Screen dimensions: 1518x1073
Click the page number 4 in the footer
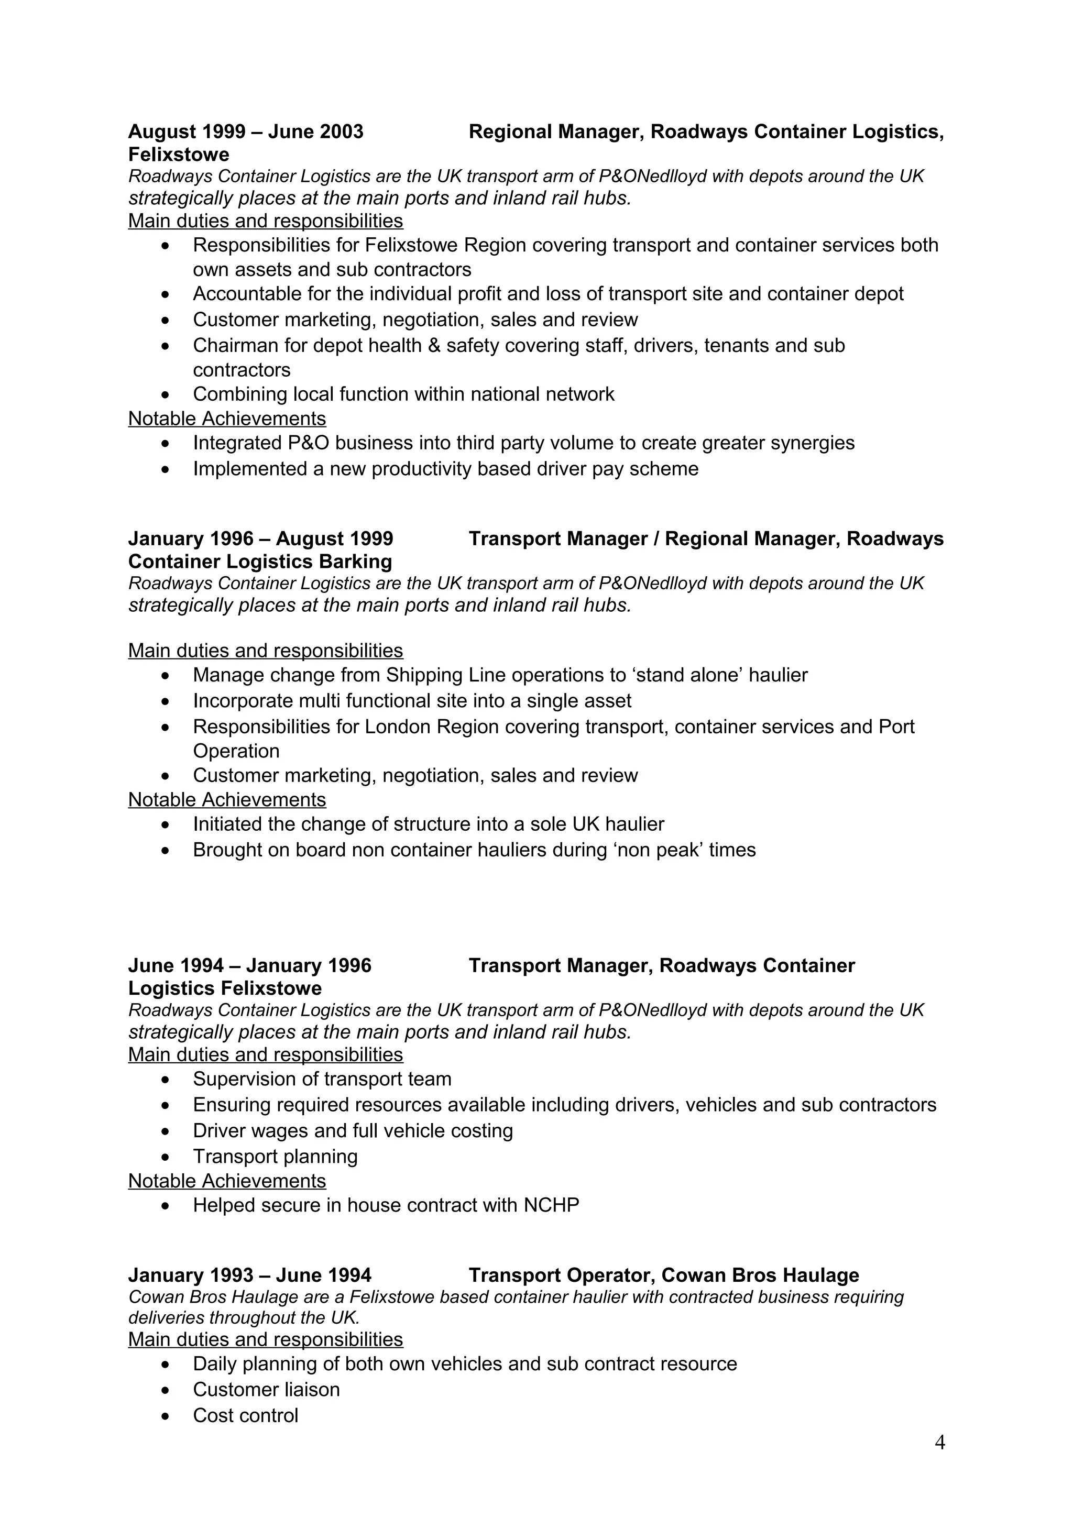[x=939, y=1443]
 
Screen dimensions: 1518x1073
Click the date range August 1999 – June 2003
[x=245, y=131]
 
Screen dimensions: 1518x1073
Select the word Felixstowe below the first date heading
[x=179, y=155]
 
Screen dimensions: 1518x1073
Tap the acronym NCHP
[x=551, y=1205]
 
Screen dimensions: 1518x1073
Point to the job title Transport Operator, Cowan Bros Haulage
[x=663, y=1275]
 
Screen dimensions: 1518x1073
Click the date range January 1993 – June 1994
[x=249, y=1275]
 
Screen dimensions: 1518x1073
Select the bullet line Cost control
[x=245, y=1415]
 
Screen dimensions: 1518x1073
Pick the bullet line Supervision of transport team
[x=322, y=1079]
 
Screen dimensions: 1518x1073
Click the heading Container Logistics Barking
[x=260, y=562]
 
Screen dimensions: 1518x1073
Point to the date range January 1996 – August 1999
[x=260, y=539]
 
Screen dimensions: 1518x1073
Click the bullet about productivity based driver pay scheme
[x=445, y=469]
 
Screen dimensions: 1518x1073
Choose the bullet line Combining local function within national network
[x=403, y=394]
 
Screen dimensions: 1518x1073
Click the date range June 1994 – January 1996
[x=249, y=965]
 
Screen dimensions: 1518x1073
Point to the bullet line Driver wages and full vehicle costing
[x=353, y=1130]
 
